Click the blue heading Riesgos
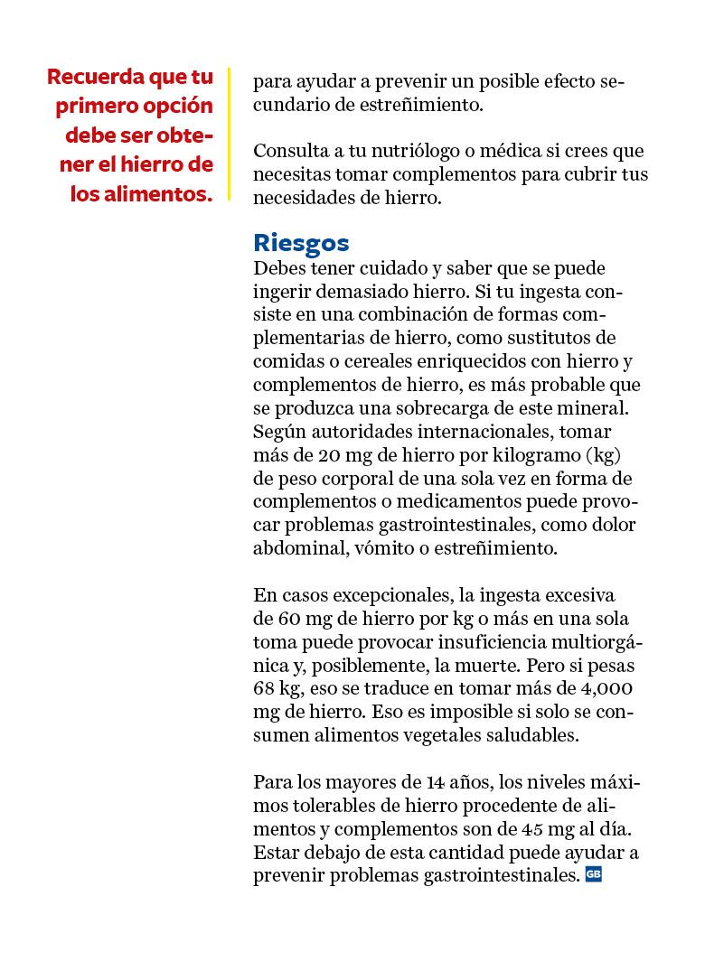[301, 243]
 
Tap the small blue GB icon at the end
[594, 874]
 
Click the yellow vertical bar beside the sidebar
[230, 133]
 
